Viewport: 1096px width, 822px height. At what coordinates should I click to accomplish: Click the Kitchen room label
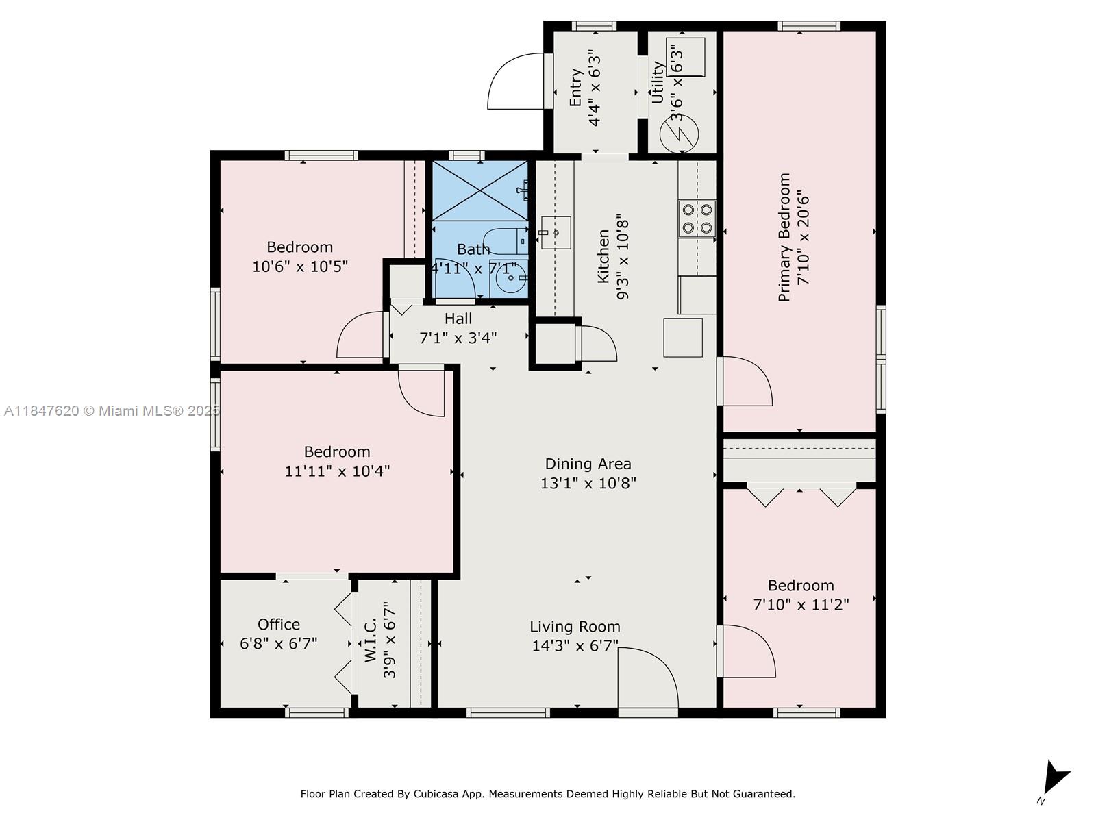click(x=603, y=256)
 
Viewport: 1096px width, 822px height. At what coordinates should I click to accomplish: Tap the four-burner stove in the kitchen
click(x=697, y=219)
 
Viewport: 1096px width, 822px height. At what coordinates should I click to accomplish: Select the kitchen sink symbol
click(x=556, y=233)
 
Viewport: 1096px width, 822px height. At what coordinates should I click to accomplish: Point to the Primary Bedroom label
click(x=784, y=237)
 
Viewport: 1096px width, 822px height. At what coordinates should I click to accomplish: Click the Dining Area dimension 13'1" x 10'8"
click(x=588, y=483)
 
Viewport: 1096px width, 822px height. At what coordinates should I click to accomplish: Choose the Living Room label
click(x=575, y=626)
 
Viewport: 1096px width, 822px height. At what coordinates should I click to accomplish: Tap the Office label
click(x=279, y=624)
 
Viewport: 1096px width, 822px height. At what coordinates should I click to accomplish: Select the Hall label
click(x=458, y=319)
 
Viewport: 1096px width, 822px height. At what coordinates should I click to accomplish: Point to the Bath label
click(x=473, y=249)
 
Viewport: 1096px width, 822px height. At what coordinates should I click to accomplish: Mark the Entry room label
click(x=575, y=88)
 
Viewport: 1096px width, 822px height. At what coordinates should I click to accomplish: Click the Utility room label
click(x=658, y=82)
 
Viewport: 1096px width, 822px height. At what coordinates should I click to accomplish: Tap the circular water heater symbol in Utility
click(x=679, y=134)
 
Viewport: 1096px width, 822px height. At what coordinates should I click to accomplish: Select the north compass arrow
click(x=1056, y=777)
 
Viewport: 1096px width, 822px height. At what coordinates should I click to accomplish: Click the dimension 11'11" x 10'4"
click(x=337, y=471)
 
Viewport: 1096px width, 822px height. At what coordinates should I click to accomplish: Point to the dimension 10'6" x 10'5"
click(x=299, y=266)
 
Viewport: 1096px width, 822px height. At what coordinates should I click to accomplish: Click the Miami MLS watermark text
click(x=112, y=411)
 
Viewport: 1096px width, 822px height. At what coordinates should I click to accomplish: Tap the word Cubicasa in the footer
click(x=436, y=793)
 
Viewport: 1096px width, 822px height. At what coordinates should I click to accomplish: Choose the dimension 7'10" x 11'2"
click(x=801, y=604)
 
